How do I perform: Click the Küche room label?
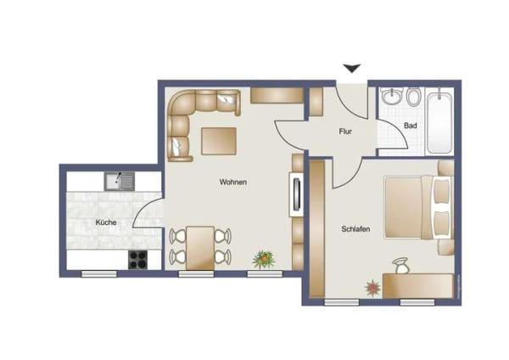[x=106, y=222]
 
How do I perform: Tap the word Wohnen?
[x=233, y=182]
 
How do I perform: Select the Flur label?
[x=345, y=132]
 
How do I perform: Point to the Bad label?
[x=411, y=126]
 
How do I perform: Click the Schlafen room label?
[x=355, y=229]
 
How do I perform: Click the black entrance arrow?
[x=352, y=68]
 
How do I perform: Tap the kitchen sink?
[x=120, y=182]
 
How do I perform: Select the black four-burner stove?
[x=137, y=260]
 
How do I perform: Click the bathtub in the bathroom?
[x=439, y=123]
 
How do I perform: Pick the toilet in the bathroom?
[x=413, y=97]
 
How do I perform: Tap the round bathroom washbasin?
[x=392, y=96]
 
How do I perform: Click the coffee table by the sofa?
[x=219, y=141]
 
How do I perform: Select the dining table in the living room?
[x=200, y=248]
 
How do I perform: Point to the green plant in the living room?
[x=264, y=259]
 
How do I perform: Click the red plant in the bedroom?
[x=372, y=288]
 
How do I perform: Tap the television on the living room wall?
[x=297, y=194]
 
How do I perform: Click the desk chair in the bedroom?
[x=400, y=266]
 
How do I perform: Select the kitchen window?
[x=99, y=274]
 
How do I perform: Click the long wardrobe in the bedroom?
[x=317, y=228]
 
